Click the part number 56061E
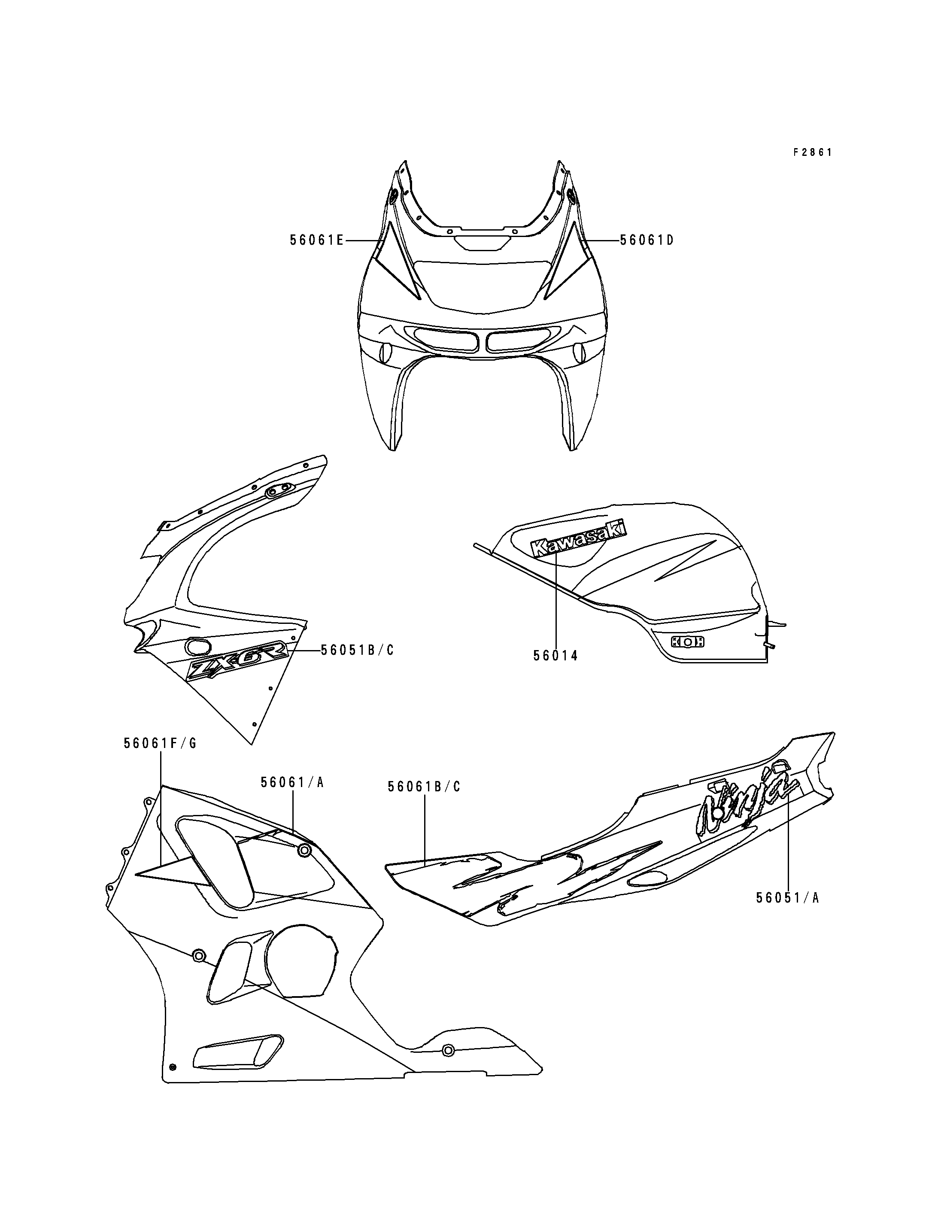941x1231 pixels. pyautogui.click(x=316, y=240)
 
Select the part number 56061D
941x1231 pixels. pyautogui.click(x=647, y=240)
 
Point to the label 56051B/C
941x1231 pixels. pyautogui.click(x=357, y=650)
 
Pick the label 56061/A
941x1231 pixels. pyautogui.click(x=292, y=782)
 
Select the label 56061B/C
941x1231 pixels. pyautogui.click(x=424, y=787)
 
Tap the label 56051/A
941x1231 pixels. pyautogui.click(x=787, y=898)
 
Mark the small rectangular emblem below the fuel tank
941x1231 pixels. pyautogui.click(x=688, y=642)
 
